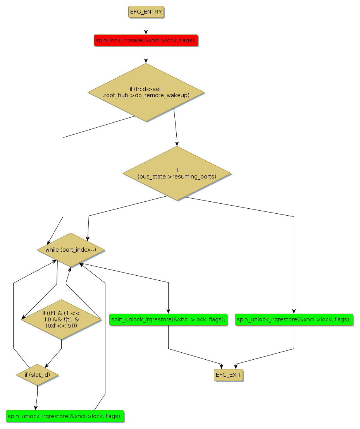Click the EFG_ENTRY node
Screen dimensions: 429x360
point(146,12)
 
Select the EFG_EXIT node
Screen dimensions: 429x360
point(228,375)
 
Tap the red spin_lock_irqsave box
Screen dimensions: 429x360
point(146,40)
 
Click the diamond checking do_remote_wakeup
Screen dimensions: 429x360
point(146,92)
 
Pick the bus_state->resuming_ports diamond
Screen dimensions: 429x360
point(177,173)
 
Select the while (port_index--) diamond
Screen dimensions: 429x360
point(71,250)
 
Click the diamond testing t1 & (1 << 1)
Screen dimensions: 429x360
point(61,319)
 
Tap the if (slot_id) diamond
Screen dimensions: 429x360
point(37,375)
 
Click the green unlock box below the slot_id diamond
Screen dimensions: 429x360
point(65,416)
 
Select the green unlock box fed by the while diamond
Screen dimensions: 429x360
point(168,319)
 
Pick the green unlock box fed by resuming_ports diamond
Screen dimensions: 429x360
point(294,319)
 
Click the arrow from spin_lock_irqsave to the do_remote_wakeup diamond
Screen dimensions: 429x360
point(146,55)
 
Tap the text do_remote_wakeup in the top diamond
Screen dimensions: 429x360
point(162,95)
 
